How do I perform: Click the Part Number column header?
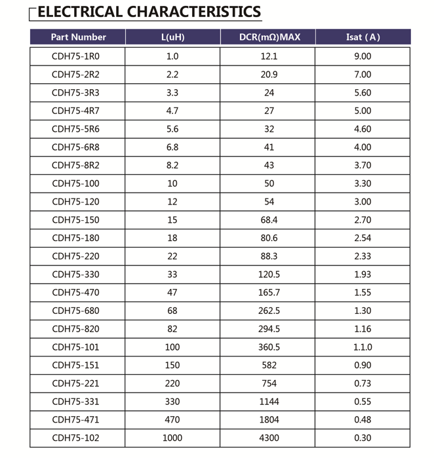[78, 37]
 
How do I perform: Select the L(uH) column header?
[172, 37]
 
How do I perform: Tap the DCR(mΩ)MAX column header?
[269, 37]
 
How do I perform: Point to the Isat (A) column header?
[363, 37]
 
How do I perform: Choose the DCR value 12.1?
[269, 56]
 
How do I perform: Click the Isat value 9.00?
[362, 56]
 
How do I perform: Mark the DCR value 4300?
[269, 438]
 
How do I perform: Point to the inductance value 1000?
[172, 438]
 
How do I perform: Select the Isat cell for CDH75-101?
[362, 347]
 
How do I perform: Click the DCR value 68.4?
[269, 220]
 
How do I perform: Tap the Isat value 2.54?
[362, 238]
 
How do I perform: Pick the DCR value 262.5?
[269, 311]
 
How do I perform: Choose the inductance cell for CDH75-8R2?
[172, 165]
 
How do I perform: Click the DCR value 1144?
[269, 402]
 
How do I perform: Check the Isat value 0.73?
[362, 383]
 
